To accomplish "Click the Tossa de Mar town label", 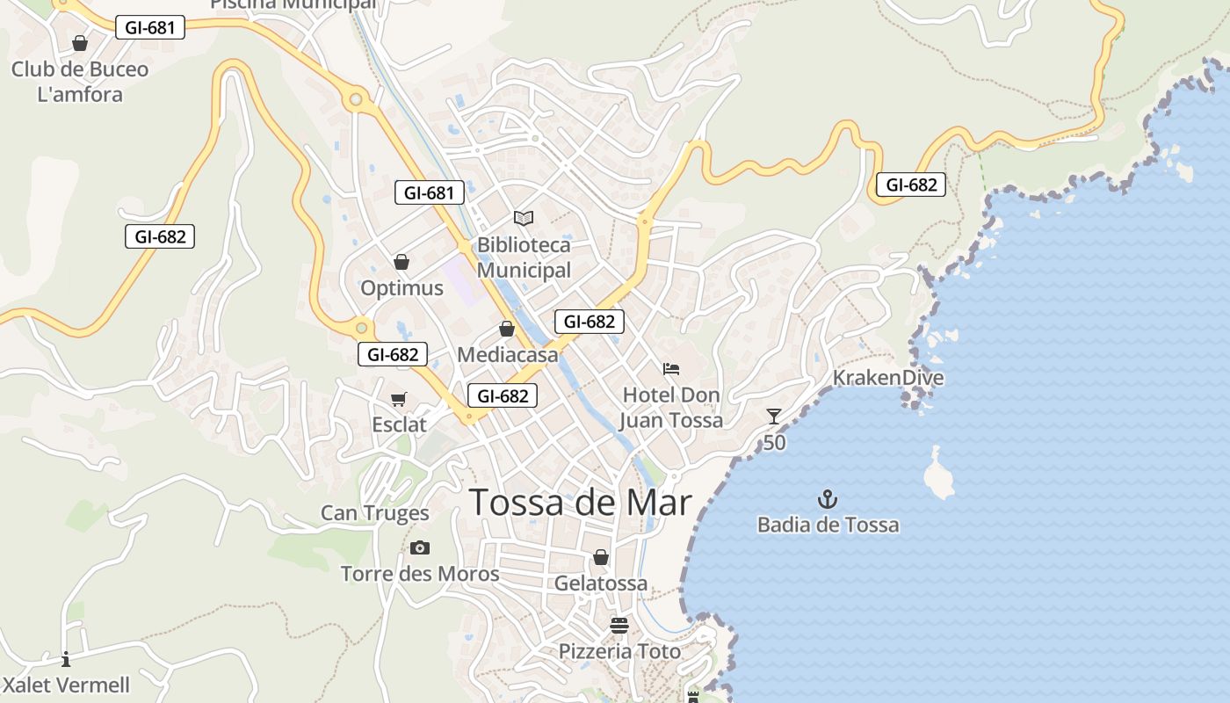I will [x=580, y=503].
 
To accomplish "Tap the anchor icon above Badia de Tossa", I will [x=828, y=500].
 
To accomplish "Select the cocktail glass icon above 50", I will [x=773, y=416].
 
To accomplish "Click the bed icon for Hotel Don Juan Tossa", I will [x=671, y=369].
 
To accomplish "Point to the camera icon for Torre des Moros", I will [x=420, y=548].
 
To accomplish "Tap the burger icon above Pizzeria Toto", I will [x=619, y=626].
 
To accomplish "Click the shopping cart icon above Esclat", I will [x=399, y=399].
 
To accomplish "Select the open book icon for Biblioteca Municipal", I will [x=524, y=217].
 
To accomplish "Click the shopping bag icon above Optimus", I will [x=402, y=262].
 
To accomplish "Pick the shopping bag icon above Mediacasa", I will [x=507, y=330].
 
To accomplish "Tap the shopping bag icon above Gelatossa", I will [x=601, y=557].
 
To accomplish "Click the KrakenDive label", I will [x=887, y=378].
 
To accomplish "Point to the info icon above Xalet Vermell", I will [x=66, y=659].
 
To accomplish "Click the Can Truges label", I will [x=374, y=513].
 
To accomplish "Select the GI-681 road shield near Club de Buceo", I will [x=150, y=27].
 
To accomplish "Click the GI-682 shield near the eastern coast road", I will [x=911, y=185].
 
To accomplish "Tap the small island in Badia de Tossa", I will [x=938, y=475].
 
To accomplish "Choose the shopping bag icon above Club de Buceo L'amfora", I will [x=80, y=43].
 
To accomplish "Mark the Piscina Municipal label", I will [x=293, y=4].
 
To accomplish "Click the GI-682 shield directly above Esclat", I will [x=393, y=355].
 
